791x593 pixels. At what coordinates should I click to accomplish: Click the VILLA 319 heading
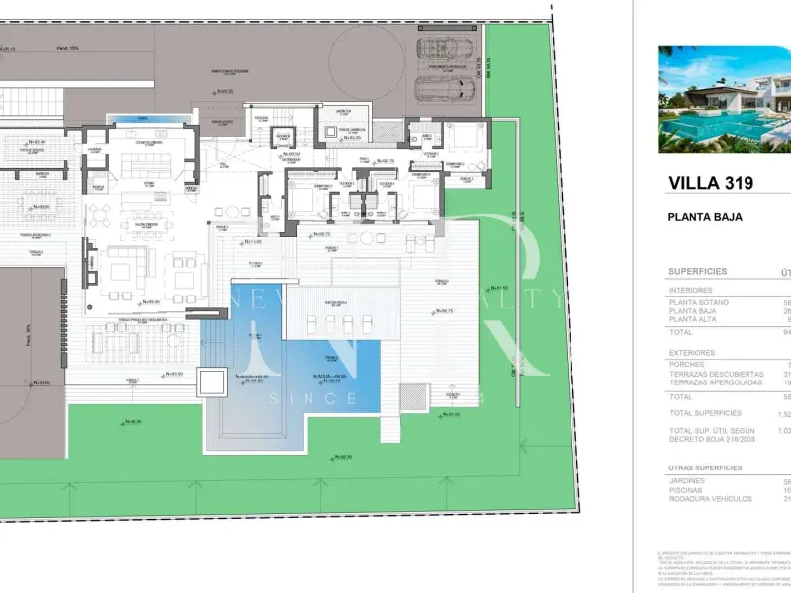pos(711,183)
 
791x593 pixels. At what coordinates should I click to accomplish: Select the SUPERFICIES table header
pos(698,271)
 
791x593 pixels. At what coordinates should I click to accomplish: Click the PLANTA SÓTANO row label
pos(699,302)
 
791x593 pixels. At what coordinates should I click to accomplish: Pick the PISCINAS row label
pos(688,491)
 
